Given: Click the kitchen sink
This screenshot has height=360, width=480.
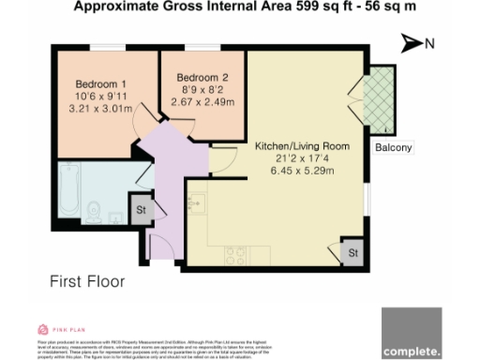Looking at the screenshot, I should point(198,201).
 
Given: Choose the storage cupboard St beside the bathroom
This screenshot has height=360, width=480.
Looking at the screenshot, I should point(142,209).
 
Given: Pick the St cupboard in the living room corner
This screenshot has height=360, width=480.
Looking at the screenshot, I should point(352,252).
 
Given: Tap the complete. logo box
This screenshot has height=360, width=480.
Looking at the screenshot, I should point(412,333).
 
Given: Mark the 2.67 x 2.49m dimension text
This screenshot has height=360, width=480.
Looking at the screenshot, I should point(202,101).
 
